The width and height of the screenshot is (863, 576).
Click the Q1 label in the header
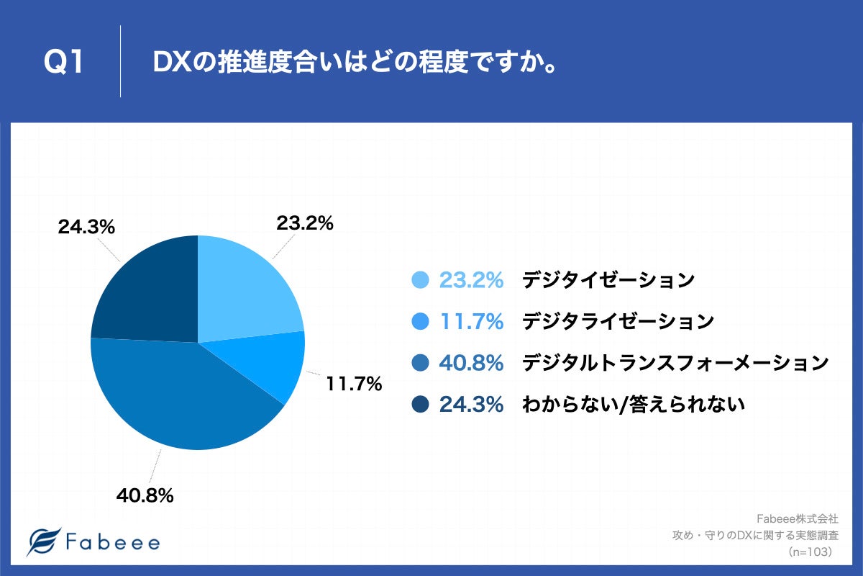[65, 63]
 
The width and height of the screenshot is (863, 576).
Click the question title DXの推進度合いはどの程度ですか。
[357, 63]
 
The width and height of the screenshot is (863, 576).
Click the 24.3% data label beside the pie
[86, 227]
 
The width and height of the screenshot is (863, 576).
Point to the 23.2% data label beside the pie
[305, 224]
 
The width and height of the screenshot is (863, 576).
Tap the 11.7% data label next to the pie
[353, 384]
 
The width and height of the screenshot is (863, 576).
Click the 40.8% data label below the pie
[145, 495]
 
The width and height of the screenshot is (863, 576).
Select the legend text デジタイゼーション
[608, 280]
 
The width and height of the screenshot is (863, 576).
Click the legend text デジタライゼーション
[618, 322]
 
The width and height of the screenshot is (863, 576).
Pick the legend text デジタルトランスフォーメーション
[675, 364]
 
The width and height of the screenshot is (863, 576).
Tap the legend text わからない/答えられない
[633, 405]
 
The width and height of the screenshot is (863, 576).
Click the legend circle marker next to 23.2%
[421, 280]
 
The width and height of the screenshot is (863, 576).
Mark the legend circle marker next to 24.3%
[421, 405]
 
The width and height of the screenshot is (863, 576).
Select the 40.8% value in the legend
[471, 364]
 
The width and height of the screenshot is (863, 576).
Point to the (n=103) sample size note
[810, 552]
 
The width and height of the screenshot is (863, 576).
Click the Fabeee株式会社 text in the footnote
[798, 518]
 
